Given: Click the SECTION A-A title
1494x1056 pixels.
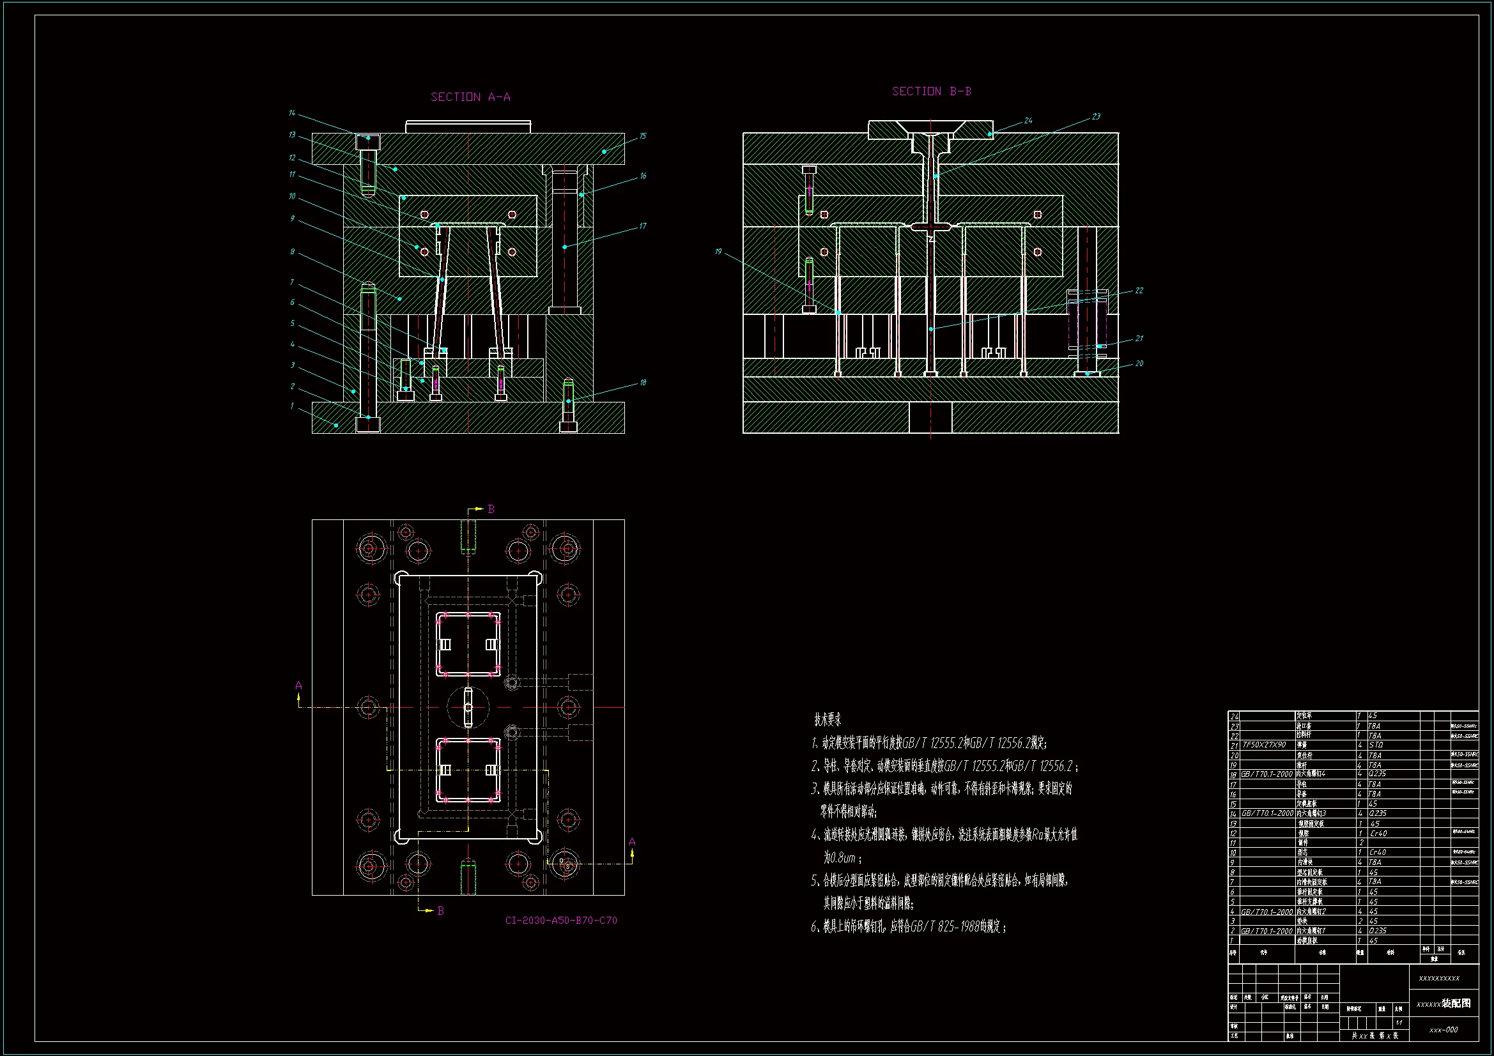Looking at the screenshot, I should [470, 97].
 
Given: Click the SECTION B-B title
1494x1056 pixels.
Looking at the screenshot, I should [931, 92].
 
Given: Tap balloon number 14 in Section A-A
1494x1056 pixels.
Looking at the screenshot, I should [292, 113].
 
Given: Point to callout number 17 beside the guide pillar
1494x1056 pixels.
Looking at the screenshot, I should [643, 226].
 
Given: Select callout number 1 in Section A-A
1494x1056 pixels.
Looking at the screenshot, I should [292, 406].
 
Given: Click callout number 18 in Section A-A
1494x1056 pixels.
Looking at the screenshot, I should [643, 383].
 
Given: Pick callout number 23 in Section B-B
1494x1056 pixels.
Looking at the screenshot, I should [1096, 116].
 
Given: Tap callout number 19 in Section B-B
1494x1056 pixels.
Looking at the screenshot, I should [718, 252].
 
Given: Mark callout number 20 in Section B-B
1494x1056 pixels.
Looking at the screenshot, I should [1139, 363].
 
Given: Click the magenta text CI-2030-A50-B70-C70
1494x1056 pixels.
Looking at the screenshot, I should [561, 921].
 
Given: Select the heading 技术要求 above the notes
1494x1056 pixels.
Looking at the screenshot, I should [828, 719].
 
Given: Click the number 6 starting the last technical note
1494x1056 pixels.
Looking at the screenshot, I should [814, 927].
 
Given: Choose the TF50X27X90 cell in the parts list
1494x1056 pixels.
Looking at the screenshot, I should [1264, 745].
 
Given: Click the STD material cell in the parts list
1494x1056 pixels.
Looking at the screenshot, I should [1376, 745].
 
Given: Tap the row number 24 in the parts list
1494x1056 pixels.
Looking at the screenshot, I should [1235, 716].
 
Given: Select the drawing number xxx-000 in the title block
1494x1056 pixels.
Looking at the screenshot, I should [1444, 1030].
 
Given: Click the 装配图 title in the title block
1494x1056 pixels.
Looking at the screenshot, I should [1456, 1004].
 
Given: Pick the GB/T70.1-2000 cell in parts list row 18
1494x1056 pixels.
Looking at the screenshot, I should [1267, 774].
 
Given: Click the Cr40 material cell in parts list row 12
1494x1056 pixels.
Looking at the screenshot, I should [1378, 834].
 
